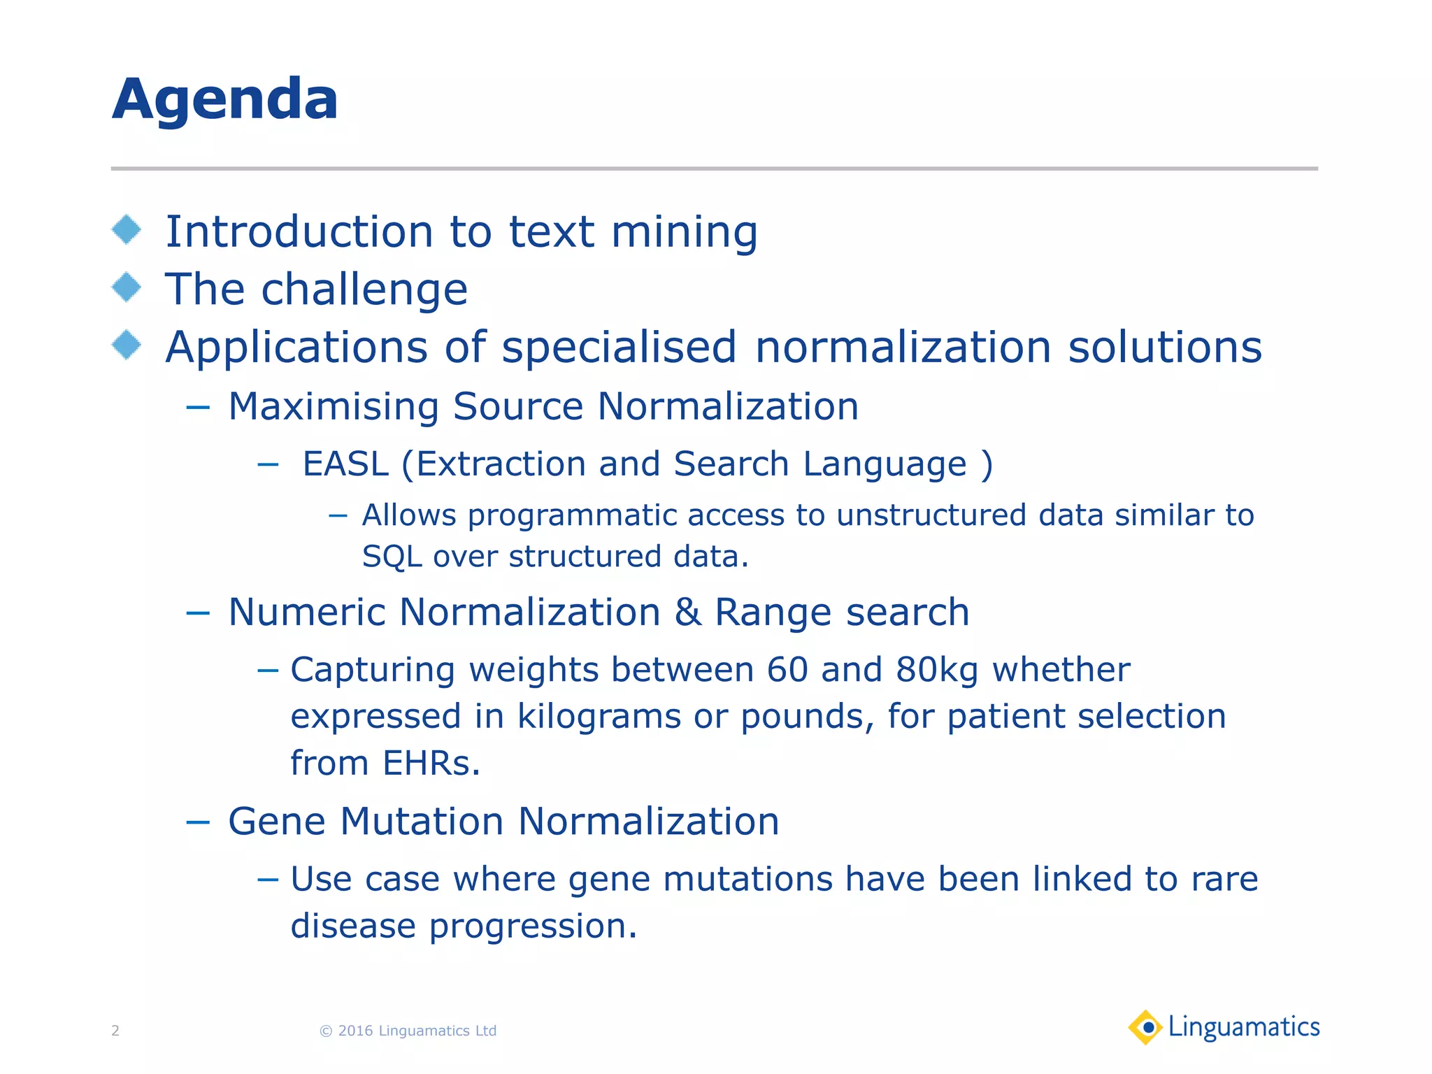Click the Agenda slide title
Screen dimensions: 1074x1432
pos(225,100)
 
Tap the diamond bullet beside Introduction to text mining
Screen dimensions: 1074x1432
pos(127,230)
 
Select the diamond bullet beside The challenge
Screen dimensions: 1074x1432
pos(127,287)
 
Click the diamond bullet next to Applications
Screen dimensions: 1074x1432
pos(127,345)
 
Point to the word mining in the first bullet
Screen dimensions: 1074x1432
pos(684,233)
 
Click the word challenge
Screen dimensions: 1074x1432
pos(364,290)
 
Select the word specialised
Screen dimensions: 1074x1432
pos(619,348)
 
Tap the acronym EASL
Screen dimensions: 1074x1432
pos(345,464)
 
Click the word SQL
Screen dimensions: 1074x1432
pos(392,557)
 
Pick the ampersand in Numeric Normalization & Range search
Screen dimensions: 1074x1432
pos(687,613)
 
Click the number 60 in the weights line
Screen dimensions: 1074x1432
pos(787,670)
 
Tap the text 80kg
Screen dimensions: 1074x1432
pos(937,670)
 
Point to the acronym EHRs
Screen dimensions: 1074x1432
pos(431,763)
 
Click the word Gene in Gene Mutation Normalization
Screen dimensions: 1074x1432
pos(277,821)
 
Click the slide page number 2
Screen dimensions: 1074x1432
pos(115,1031)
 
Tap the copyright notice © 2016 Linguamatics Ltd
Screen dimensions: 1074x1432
pos(408,1031)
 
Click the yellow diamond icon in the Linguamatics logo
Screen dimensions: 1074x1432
pos(1145,1027)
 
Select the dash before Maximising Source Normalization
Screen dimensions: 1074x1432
pos(198,408)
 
